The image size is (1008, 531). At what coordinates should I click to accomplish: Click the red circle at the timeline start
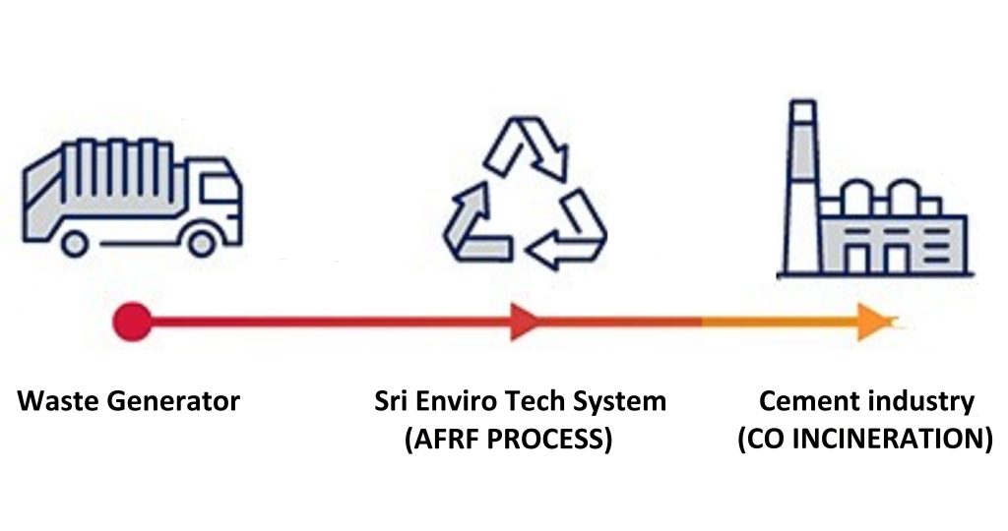point(132,321)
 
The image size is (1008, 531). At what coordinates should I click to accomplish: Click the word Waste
point(55,401)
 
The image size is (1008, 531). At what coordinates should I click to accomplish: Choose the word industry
point(920,402)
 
